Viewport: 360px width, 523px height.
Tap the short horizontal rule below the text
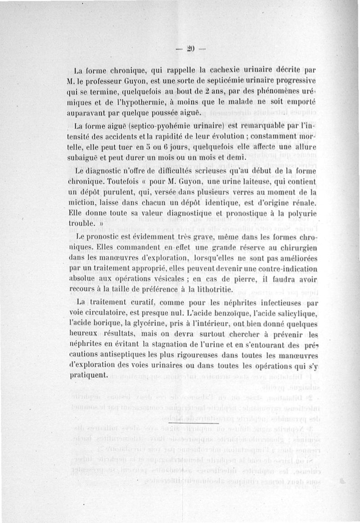[x=193, y=423]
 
